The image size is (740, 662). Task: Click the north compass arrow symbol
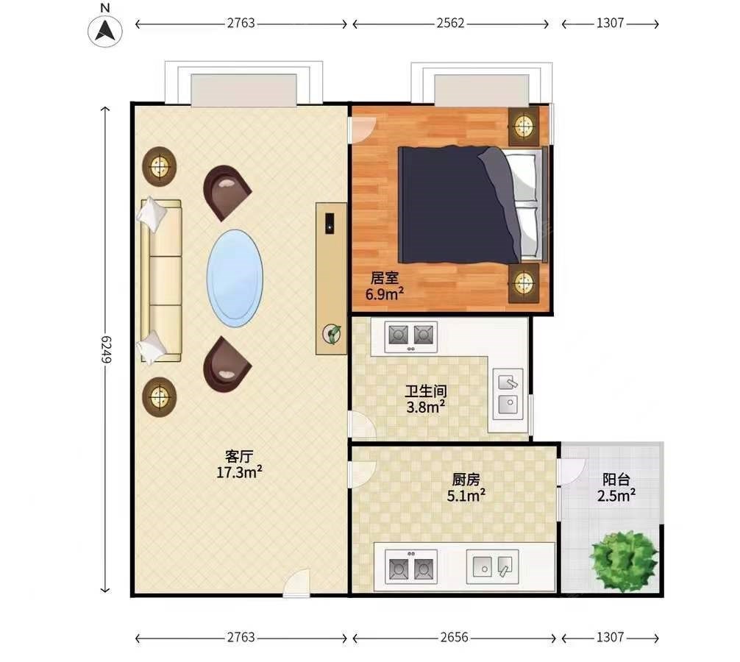point(105,31)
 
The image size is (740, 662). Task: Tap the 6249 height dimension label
point(106,349)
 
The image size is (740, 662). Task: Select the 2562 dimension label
point(450,23)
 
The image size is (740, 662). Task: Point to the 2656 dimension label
point(454,638)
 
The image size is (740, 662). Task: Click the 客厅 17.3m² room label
point(239,464)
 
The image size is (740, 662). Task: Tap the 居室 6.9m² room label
point(385,286)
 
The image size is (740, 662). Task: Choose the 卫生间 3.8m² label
point(426,399)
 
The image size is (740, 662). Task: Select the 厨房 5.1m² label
point(466,488)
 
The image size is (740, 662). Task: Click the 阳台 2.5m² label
point(616,488)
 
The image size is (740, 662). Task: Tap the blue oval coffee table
point(235,278)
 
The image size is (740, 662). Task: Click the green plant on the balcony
point(624,561)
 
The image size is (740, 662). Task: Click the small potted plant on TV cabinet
point(332,334)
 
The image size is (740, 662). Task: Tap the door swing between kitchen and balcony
point(571,471)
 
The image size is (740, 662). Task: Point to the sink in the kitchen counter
point(493,566)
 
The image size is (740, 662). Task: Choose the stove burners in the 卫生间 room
point(410,336)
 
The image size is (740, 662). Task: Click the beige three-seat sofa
point(161,280)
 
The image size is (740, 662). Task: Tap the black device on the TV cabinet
point(330,223)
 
